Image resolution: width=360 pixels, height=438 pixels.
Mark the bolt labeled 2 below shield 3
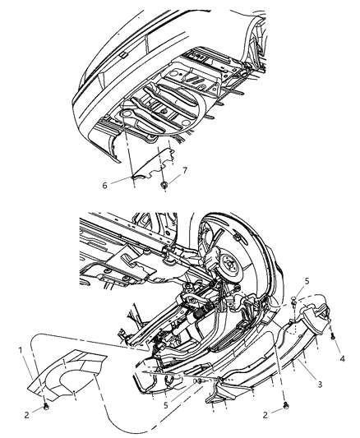point(285,405)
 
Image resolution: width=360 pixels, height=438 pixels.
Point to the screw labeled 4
point(333,335)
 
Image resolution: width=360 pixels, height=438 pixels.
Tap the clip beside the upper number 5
point(293,302)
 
